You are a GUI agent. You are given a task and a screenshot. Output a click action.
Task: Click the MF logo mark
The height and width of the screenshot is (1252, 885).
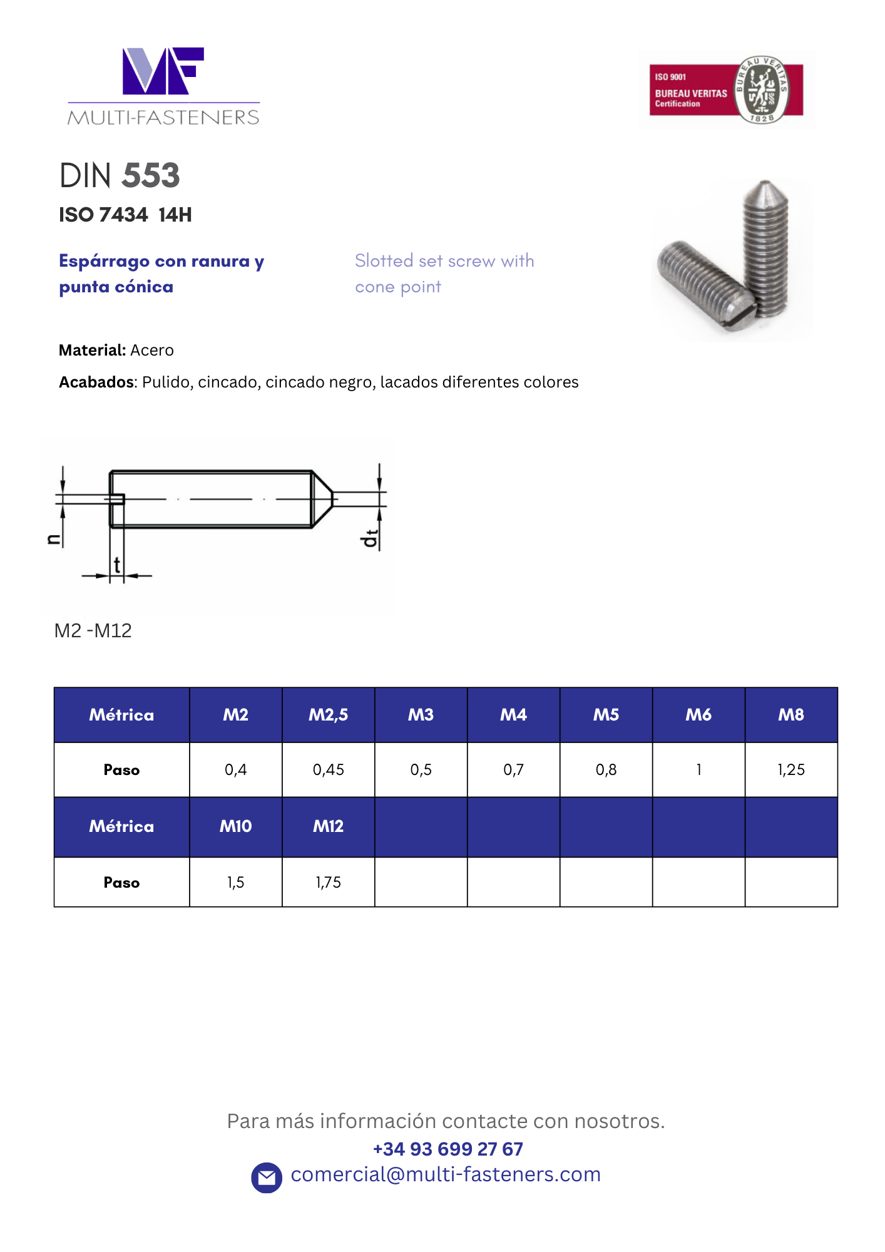click(163, 71)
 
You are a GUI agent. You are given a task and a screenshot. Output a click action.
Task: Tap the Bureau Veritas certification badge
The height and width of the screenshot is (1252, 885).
click(726, 90)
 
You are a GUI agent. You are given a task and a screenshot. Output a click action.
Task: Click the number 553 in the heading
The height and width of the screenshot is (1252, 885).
click(151, 175)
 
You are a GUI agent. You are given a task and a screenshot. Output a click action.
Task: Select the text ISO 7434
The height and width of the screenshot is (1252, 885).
click(103, 215)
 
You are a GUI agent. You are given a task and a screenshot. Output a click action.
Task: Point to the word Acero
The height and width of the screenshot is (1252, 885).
click(152, 350)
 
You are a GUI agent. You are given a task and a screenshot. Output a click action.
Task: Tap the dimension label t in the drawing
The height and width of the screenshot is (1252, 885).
click(117, 565)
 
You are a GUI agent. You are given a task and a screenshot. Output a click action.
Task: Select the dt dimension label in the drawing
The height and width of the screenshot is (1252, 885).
click(371, 538)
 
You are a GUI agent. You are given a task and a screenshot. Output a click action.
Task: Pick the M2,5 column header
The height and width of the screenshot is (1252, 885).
click(328, 715)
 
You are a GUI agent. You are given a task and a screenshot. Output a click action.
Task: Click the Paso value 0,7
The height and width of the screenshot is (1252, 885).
click(513, 769)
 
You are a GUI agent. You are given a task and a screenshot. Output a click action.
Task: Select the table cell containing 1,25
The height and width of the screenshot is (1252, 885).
click(791, 769)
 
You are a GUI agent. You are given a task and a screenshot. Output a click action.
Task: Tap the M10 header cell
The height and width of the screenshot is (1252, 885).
click(235, 826)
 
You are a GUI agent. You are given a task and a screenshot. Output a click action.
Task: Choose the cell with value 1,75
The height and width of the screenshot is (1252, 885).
click(328, 882)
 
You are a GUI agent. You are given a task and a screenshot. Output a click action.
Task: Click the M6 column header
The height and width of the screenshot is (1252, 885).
click(698, 715)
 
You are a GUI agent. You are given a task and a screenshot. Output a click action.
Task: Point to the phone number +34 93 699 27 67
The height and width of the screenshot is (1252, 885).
click(448, 1149)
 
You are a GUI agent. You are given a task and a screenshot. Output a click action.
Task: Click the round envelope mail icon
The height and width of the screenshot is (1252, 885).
click(267, 1178)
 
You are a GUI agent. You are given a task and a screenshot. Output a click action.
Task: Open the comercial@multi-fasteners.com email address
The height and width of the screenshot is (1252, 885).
click(446, 1174)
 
